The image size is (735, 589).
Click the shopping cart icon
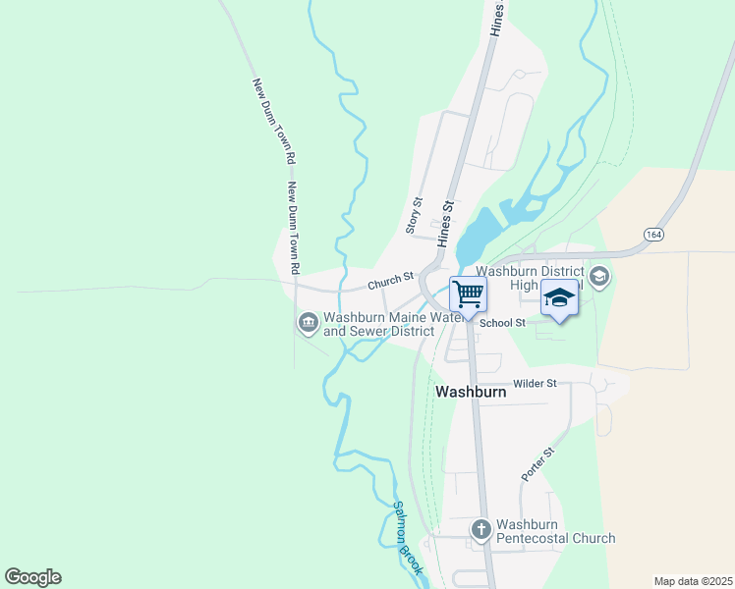click(x=469, y=293)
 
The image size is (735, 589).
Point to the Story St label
click(x=414, y=216)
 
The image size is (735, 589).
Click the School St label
click(x=507, y=322)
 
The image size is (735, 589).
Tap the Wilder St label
click(x=534, y=383)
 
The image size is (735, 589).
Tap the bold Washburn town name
click(x=471, y=391)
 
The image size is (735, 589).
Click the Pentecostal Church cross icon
click(x=481, y=529)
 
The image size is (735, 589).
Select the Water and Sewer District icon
click(x=308, y=322)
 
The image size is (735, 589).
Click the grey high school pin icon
click(x=600, y=277)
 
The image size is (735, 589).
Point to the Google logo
click(x=32, y=576)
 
